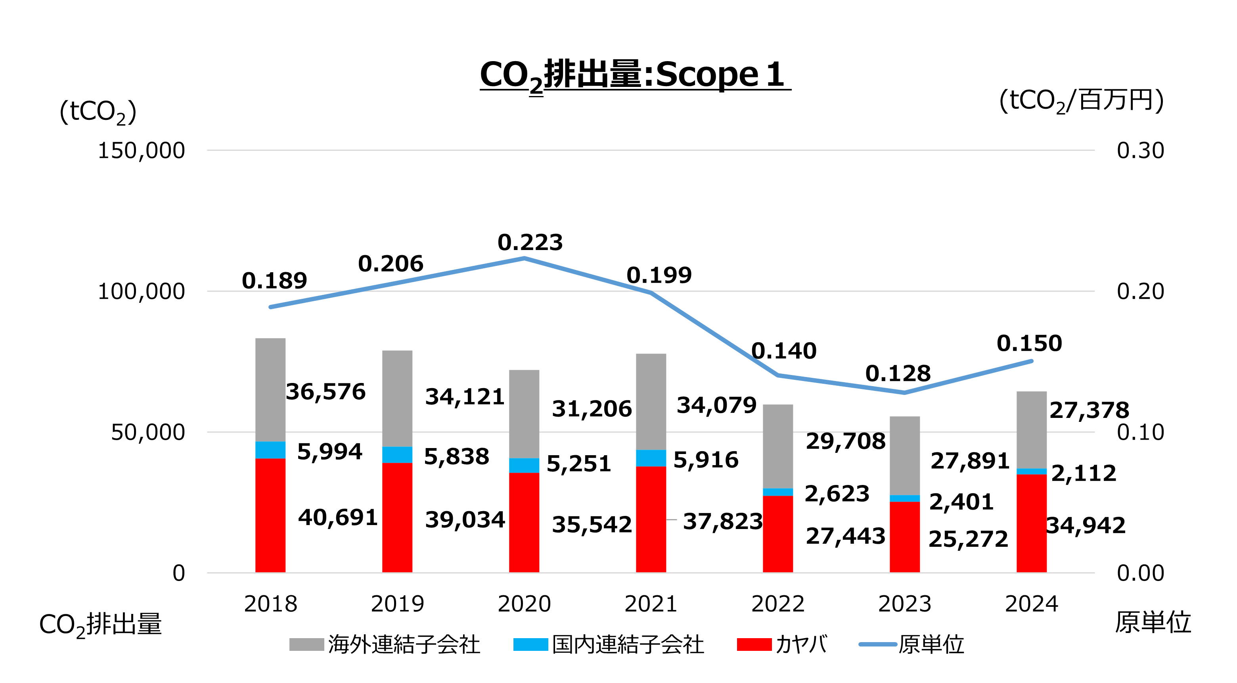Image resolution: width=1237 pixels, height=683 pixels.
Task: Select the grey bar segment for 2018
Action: point(270,389)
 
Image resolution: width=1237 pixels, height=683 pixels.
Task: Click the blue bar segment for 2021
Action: point(651,458)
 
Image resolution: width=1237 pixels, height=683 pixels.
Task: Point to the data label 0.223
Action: point(530,242)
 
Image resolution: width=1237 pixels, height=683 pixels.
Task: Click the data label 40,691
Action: point(337,518)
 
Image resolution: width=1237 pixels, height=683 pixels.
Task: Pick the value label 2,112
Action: point(1083,473)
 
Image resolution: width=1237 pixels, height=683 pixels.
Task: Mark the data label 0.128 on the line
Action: point(898,373)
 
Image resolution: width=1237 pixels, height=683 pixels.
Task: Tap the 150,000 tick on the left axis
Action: point(141,150)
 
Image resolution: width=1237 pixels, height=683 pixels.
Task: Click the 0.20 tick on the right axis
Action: point(1140,291)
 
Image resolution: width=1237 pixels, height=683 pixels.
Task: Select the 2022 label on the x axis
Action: point(777,604)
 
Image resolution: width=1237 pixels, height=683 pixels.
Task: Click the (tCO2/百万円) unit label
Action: point(1081,101)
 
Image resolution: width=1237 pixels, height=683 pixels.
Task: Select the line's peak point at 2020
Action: point(524,259)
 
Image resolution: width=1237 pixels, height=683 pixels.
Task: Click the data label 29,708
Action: point(845,441)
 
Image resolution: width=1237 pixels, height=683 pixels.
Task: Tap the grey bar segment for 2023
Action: point(904,455)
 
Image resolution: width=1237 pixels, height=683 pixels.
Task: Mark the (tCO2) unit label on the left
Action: point(98,112)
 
